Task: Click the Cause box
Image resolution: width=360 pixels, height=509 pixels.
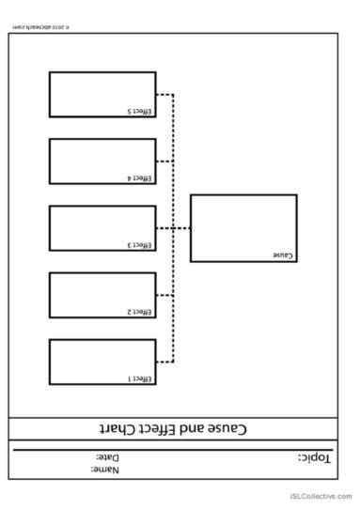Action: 243,227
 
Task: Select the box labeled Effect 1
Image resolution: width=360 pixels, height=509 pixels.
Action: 102,362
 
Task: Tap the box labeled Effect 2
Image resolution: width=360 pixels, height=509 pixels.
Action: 102,295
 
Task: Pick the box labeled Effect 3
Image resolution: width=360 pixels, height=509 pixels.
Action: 102,228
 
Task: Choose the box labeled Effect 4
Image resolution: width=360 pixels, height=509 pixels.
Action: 102,161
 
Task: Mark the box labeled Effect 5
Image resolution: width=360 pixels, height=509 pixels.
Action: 102,94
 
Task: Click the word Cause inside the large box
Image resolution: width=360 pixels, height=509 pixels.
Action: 283,255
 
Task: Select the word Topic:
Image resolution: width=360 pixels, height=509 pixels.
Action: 315,457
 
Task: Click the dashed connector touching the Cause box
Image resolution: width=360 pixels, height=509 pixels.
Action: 181,228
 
